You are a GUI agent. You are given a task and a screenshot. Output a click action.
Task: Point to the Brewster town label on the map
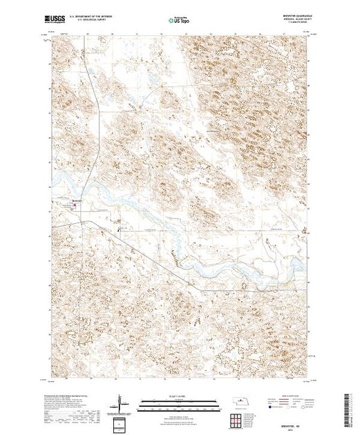(x=78, y=201)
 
